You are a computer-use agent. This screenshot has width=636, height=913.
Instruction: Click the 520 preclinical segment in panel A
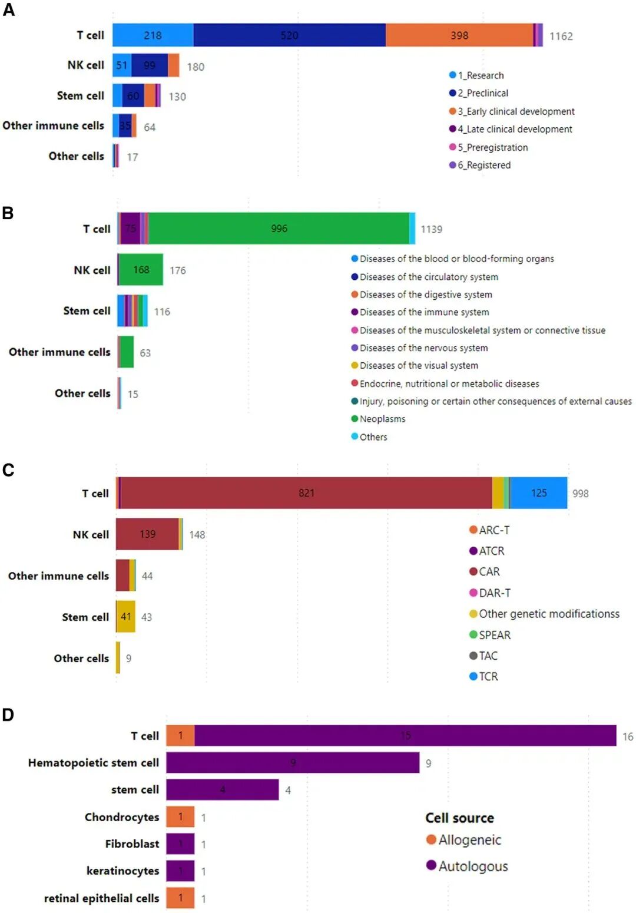point(289,35)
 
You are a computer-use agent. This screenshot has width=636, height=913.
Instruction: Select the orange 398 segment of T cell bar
point(459,35)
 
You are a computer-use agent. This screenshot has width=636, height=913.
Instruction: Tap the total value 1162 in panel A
point(561,37)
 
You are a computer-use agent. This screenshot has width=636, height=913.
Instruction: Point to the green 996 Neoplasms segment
point(279,229)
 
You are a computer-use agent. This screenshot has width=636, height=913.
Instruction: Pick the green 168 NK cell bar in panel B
point(141,270)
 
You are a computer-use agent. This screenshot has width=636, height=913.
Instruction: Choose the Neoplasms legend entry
point(382,419)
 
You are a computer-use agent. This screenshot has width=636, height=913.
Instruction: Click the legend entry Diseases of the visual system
point(418,366)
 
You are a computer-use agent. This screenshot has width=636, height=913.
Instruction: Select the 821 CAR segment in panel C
point(306,493)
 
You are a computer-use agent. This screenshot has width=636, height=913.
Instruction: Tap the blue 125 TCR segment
point(539,493)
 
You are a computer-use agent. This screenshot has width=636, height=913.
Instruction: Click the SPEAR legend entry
point(494,635)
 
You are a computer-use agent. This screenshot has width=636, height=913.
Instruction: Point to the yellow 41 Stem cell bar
point(125,617)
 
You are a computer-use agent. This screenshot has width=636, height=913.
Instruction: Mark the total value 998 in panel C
point(580,494)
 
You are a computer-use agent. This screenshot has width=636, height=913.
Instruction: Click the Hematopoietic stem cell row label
point(94,763)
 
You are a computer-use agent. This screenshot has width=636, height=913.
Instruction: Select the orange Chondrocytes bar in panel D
point(180,817)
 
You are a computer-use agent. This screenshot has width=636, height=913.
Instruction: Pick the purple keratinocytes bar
point(180,871)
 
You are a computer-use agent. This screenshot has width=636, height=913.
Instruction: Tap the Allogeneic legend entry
point(469,840)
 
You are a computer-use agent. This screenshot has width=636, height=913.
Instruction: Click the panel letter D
point(8,715)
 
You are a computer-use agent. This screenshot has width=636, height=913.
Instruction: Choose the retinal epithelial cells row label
point(101,898)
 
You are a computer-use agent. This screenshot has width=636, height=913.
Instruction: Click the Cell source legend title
point(459,818)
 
